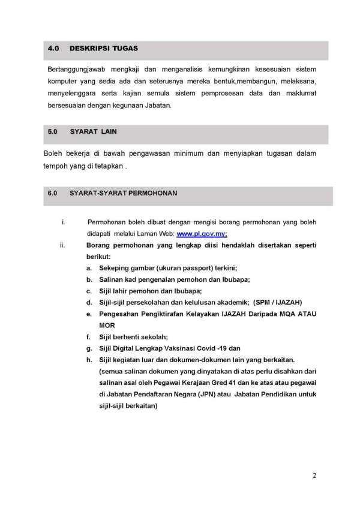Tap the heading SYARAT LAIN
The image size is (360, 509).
pyautogui.click(x=94, y=131)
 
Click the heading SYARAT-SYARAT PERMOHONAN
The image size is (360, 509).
pyautogui.click(x=123, y=194)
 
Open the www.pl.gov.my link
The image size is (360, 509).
pyautogui.click(x=202, y=234)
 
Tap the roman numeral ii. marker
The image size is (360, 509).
pyautogui.click(x=62, y=246)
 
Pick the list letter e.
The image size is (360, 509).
pyautogui.click(x=89, y=314)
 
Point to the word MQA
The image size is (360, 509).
pyautogui.click(x=290, y=314)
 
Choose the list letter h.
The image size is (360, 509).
pyautogui.click(x=89, y=359)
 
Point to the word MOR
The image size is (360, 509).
pyautogui.click(x=107, y=325)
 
